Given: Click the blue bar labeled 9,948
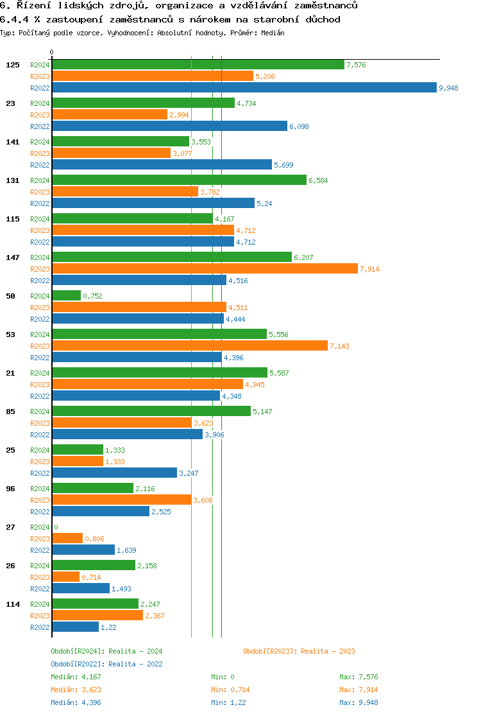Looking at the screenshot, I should [x=244, y=88].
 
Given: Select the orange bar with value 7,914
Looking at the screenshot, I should [x=205, y=269].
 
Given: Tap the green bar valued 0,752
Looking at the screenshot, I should [x=66, y=296].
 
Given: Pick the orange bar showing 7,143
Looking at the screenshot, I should [x=189, y=346].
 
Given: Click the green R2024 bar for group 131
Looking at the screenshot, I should [x=179, y=180].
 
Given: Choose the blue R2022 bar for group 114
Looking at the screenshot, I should [x=75, y=627].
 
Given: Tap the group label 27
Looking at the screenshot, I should [x=10, y=527].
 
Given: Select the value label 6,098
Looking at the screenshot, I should [x=299, y=126].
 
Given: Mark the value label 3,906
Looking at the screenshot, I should [x=214, y=435].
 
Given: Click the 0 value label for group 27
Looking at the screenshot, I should [x=56, y=527].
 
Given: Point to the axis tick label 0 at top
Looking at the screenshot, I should [x=52, y=52].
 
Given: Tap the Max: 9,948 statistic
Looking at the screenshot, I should [x=359, y=702].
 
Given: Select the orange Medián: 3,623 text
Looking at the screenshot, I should [x=76, y=690].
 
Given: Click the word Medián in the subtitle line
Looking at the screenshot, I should [x=273, y=33].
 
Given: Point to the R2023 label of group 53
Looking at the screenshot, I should [x=40, y=346].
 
